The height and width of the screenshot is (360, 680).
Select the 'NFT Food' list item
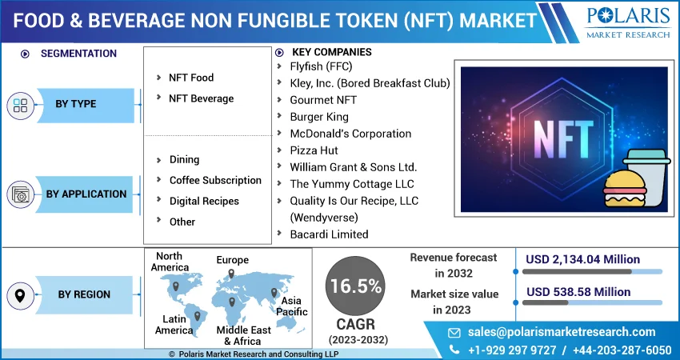tap(191, 78)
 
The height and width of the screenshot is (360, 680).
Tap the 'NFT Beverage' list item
tap(201, 98)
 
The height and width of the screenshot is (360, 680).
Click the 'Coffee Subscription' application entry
tap(215, 180)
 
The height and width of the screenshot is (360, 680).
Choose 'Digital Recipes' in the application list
tap(204, 201)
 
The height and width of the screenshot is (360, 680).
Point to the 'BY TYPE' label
tap(76, 104)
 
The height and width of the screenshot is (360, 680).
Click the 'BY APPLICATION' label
tap(86, 194)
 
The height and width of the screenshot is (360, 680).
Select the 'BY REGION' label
tap(84, 294)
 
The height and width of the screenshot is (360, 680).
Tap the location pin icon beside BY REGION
tap(21, 295)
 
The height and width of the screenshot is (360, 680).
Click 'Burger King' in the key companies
tap(319, 117)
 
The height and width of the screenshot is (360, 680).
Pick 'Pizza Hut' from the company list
tap(314, 150)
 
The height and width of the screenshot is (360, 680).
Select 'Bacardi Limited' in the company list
tap(329, 234)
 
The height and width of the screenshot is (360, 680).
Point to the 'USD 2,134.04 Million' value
tap(582, 259)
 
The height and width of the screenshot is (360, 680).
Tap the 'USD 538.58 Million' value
tap(578, 292)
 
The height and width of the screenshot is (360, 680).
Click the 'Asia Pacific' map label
tap(292, 306)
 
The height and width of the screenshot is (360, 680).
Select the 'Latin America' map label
tap(174, 325)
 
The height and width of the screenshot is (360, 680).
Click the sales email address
tap(562, 332)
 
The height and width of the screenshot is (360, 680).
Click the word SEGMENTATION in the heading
tap(78, 54)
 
